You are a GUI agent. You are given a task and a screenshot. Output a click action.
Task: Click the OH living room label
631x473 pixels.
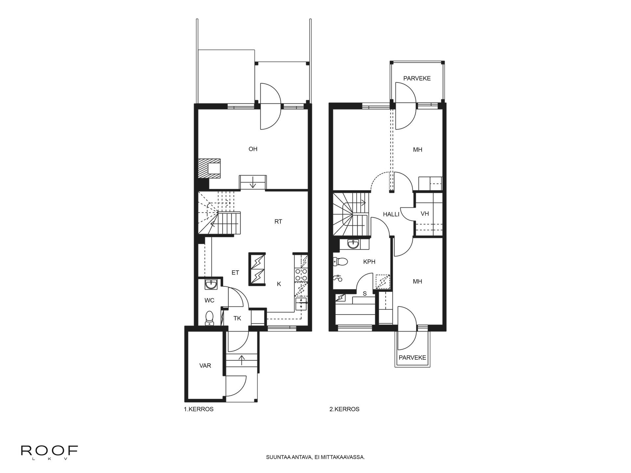[253, 149]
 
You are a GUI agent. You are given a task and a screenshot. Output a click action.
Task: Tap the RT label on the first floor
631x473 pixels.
[278, 222]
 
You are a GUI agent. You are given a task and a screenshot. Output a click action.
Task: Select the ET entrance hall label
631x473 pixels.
[235, 273]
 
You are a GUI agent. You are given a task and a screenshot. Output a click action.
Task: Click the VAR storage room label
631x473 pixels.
[205, 366]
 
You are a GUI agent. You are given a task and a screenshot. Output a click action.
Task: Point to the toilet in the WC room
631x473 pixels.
[209, 318]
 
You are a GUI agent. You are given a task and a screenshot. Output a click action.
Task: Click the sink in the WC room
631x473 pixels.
[211, 284]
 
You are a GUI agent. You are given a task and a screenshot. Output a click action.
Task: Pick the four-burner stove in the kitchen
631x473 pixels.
[301, 275]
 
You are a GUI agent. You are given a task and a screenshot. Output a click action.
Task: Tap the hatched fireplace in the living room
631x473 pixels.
[210, 169]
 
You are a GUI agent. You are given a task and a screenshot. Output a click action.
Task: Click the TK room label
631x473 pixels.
[237, 318]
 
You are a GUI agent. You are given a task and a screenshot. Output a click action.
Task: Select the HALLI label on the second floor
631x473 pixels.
[391, 214]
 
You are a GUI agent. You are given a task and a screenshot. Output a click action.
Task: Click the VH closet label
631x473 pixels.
[425, 214]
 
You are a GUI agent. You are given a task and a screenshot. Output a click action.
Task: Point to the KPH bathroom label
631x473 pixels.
[369, 262]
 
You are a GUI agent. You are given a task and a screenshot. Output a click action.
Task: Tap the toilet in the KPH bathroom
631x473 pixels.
[340, 262]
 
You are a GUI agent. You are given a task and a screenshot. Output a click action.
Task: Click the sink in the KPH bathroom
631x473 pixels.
[354, 244]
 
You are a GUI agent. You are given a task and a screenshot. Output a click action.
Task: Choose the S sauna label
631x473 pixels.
[364, 294]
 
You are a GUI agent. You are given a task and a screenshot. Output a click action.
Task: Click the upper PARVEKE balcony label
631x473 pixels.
[417, 79]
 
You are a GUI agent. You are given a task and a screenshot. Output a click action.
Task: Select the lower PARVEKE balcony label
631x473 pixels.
[412, 358]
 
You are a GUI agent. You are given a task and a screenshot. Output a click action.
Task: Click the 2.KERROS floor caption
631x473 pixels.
[344, 409]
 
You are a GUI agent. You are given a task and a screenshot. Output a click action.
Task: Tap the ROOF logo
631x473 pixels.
[49, 451]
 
